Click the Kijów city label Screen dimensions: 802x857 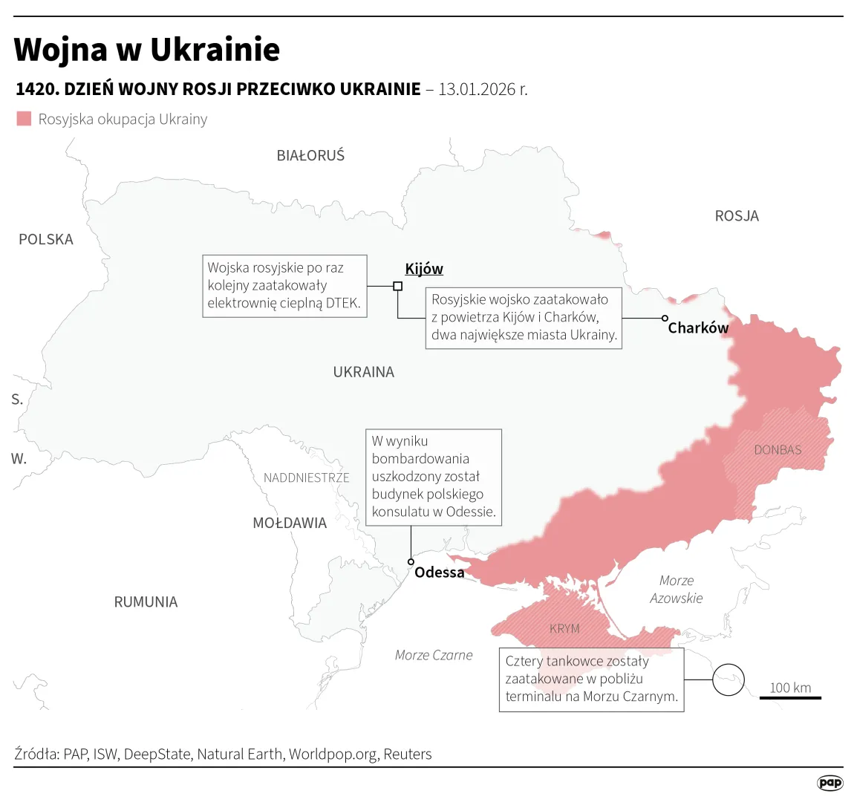coord(423,270)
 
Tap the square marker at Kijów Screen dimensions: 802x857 coord(397,286)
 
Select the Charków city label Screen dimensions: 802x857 coord(698,328)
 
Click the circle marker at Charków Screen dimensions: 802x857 coord(665,318)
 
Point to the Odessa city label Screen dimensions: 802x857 coord(439,573)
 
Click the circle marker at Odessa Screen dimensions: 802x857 coord(411,562)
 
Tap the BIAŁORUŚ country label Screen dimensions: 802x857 coord(310,156)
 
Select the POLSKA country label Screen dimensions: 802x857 coord(46,240)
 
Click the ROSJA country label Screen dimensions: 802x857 coord(737,216)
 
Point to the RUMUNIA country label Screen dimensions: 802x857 coord(146,602)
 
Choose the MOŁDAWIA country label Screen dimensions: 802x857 coord(290,524)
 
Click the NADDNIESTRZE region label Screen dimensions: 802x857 coord(306,478)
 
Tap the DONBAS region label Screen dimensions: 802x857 coord(778,450)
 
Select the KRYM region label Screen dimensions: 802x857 coord(564,629)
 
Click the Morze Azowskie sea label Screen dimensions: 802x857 coord(676,590)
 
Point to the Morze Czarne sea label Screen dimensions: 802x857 coord(434,655)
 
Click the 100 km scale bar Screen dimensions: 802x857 coord(790,697)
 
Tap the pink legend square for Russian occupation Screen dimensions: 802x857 coord(25,119)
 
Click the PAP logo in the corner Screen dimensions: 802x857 coord(830,783)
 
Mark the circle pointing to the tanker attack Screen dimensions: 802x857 coord(728,679)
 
